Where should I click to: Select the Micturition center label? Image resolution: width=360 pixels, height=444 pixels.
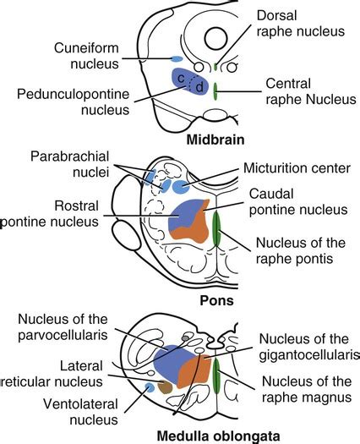296,168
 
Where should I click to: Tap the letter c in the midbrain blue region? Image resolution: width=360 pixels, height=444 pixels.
181,78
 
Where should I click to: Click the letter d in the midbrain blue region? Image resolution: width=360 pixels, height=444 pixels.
199,87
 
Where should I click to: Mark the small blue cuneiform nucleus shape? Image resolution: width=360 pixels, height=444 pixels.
177,59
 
